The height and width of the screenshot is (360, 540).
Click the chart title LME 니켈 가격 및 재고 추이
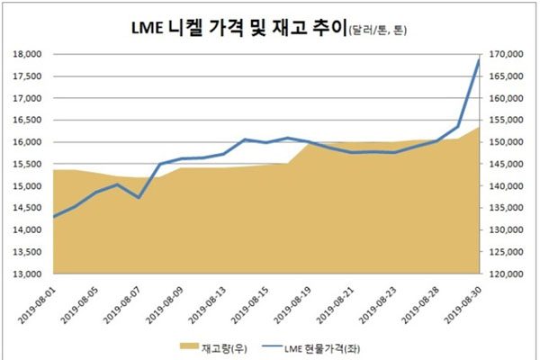coord(231,31)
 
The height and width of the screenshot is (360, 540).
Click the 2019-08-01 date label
coord(37,302)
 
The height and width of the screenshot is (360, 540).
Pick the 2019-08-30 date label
coord(469,302)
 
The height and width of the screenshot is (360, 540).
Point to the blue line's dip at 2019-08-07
coord(139,197)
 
